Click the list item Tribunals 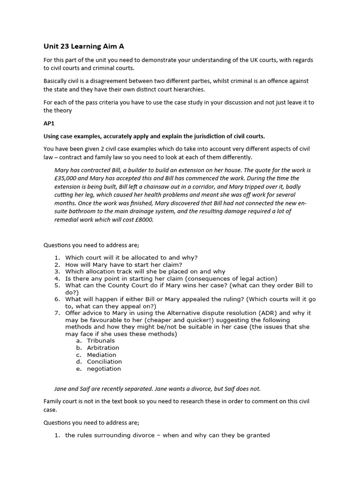click(101, 341)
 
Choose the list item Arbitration click(103, 348)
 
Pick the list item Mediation click(102, 355)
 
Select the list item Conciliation click(105, 361)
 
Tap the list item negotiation click(104, 368)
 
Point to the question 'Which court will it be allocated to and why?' click(131, 257)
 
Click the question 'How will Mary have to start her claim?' click(126, 264)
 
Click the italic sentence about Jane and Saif click(157, 389)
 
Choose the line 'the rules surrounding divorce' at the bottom click(167, 435)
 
